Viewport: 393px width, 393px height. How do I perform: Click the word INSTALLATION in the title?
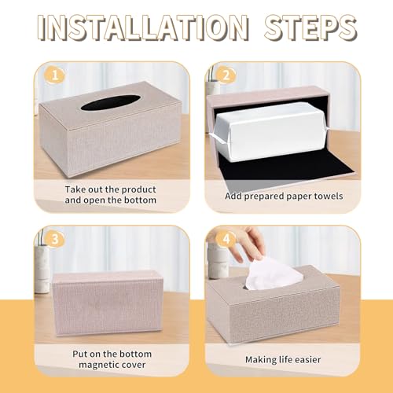point(143,28)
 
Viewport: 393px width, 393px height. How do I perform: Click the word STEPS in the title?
point(310,28)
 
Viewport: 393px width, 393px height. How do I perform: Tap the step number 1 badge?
point(55,75)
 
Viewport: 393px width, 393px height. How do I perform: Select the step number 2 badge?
point(226,75)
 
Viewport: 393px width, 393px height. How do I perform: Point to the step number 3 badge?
point(55,239)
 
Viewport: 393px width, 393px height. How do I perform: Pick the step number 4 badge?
point(226,239)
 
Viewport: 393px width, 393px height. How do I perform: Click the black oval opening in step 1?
point(112,103)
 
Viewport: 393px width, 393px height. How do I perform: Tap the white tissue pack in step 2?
point(270,130)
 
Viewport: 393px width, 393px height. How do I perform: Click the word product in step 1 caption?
point(138,189)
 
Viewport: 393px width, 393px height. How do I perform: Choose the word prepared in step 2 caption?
point(264,196)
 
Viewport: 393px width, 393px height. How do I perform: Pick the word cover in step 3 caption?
point(134,365)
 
